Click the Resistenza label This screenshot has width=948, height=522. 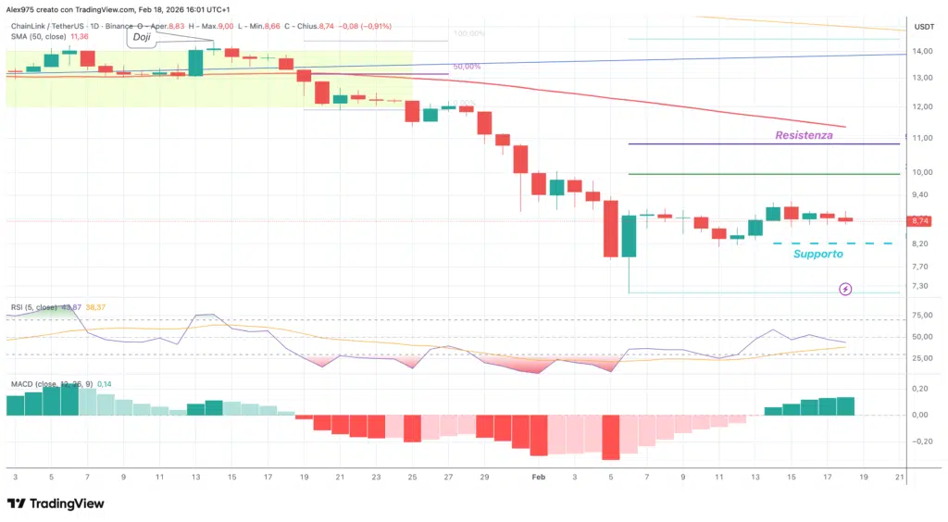[803, 135]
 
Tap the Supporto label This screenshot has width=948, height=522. [817, 254]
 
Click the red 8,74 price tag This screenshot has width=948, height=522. [920, 221]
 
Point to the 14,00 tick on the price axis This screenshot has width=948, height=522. [923, 51]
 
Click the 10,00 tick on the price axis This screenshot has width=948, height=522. [923, 172]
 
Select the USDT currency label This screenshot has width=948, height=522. [923, 26]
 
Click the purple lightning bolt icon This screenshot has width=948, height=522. [845, 290]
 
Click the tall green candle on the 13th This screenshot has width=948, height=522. [195, 62]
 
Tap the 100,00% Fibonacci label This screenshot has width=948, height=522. [469, 33]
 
